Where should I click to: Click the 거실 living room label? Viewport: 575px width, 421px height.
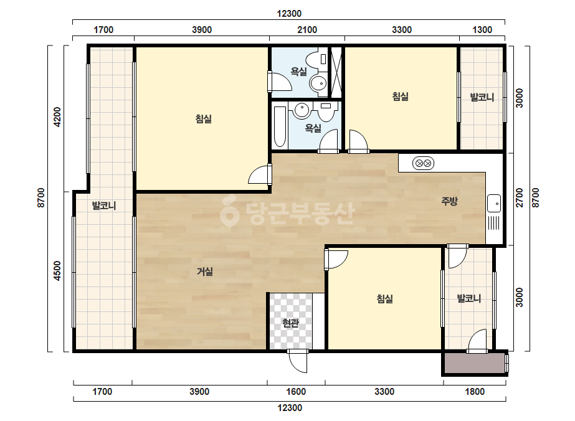pos(204,272)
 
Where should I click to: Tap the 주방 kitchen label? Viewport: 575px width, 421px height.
pos(449,201)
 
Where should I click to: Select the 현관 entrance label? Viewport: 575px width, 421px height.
pos(290,323)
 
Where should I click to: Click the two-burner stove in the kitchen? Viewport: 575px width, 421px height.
pos(423,163)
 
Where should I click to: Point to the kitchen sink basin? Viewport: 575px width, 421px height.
pos(493,203)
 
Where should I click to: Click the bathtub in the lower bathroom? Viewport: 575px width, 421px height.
pos(280,126)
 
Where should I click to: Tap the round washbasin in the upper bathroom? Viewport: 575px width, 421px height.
pos(318,83)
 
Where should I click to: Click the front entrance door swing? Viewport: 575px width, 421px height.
pos(297,361)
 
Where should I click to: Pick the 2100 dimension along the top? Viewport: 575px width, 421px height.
pos(307,30)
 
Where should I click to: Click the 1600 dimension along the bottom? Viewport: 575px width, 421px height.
pos(295,392)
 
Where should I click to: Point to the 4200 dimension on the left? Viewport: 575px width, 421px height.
pos(57,117)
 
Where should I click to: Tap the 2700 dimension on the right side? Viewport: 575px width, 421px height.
pos(520,197)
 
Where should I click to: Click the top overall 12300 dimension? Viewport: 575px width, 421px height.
pos(289,14)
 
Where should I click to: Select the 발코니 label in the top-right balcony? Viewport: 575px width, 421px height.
pos(482,98)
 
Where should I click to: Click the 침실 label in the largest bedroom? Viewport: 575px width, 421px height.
pos(204,119)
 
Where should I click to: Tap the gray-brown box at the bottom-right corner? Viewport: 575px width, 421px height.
pos(475,363)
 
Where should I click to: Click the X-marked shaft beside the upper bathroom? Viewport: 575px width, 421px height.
pos(336,72)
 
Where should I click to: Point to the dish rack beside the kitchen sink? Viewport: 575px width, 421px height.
pos(493,222)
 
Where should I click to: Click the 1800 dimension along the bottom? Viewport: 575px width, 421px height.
pos(475,392)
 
